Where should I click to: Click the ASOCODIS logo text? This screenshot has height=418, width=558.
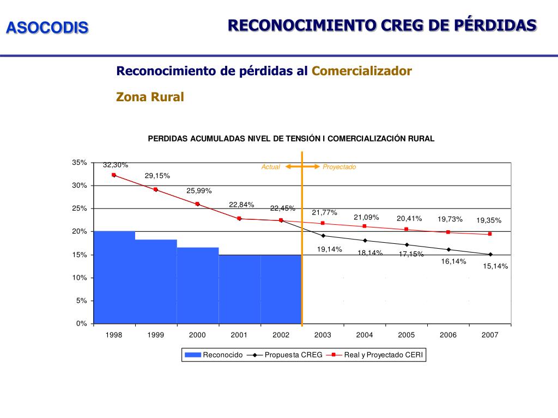pyautogui.click(x=47, y=28)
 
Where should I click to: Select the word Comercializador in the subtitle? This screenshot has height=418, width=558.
pyautogui.click(x=361, y=71)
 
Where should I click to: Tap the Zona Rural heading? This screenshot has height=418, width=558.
pyautogui.click(x=150, y=97)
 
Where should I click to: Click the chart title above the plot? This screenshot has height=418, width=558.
pyautogui.click(x=291, y=138)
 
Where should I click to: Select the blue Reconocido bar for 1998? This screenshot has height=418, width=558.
pyautogui.click(x=114, y=278)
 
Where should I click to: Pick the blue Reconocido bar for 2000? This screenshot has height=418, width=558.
pyautogui.click(x=197, y=286)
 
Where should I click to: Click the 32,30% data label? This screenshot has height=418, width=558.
pyautogui.click(x=116, y=165)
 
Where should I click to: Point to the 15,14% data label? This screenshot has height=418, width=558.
pyautogui.click(x=495, y=266)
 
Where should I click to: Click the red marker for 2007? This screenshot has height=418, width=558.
pyautogui.click(x=490, y=234)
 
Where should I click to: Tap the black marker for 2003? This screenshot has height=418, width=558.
pyautogui.click(x=323, y=236)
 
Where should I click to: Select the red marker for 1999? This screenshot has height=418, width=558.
pyautogui.click(x=155, y=189)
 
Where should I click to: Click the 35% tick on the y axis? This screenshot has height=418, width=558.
pyautogui.click(x=80, y=163)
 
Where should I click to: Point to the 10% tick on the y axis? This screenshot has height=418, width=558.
pyautogui.click(x=80, y=278)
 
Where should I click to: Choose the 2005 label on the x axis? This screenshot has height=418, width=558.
pyautogui.click(x=407, y=335)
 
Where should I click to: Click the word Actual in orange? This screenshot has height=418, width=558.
pyautogui.click(x=270, y=167)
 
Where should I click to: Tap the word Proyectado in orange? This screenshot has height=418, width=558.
pyautogui.click(x=339, y=167)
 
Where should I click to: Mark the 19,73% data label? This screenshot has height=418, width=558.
pyautogui.click(x=450, y=219)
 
